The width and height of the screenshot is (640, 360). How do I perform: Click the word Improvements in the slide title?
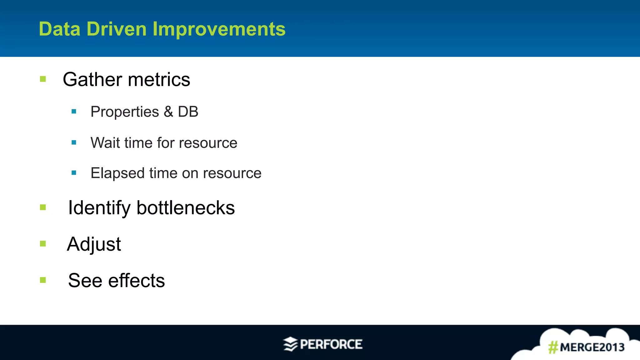(219, 29)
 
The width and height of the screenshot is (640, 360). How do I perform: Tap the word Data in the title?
(59, 29)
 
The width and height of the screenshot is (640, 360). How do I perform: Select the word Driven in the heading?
(116, 29)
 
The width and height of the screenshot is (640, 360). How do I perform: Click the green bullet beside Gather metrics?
(43, 79)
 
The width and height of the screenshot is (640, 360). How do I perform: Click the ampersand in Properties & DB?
(168, 112)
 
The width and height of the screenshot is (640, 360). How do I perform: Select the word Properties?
(125, 112)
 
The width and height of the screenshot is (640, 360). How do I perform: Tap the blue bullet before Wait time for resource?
(74, 142)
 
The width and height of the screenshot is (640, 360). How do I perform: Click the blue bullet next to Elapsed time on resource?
(74, 172)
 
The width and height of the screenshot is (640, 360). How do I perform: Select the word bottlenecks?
(186, 208)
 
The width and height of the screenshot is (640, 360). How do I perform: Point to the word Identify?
(99, 208)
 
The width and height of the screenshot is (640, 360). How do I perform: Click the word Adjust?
(94, 244)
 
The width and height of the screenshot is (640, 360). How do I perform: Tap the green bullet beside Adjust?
(43, 244)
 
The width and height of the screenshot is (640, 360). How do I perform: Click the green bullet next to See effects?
(43, 280)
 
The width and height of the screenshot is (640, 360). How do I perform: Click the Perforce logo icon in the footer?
(290, 344)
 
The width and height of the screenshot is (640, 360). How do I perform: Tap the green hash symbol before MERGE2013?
(553, 347)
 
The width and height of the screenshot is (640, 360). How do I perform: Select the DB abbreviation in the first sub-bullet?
(188, 112)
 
